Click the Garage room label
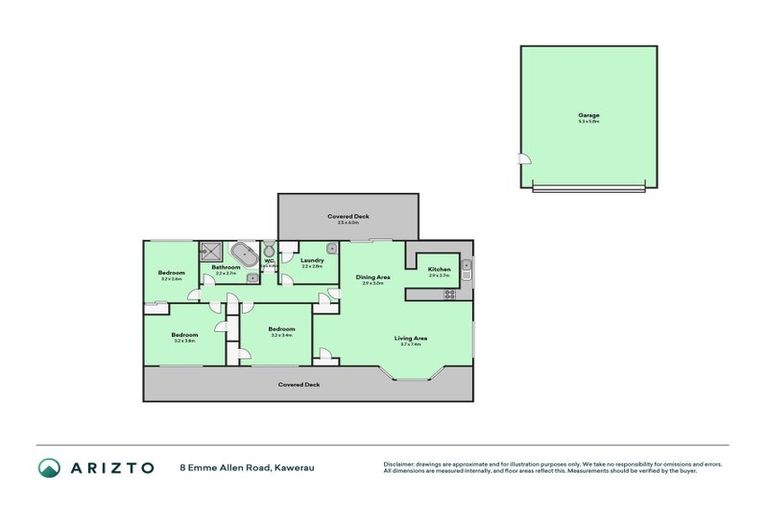point(588,115)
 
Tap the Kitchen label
point(439,269)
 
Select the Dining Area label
point(373,277)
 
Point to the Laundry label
point(312,260)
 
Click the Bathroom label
point(225,267)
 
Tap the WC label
point(268,262)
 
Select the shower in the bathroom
point(210,251)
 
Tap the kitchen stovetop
point(449,294)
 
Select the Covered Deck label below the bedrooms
point(298,384)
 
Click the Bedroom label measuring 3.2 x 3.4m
point(281,329)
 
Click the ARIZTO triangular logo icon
point(49,467)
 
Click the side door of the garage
point(523,158)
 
